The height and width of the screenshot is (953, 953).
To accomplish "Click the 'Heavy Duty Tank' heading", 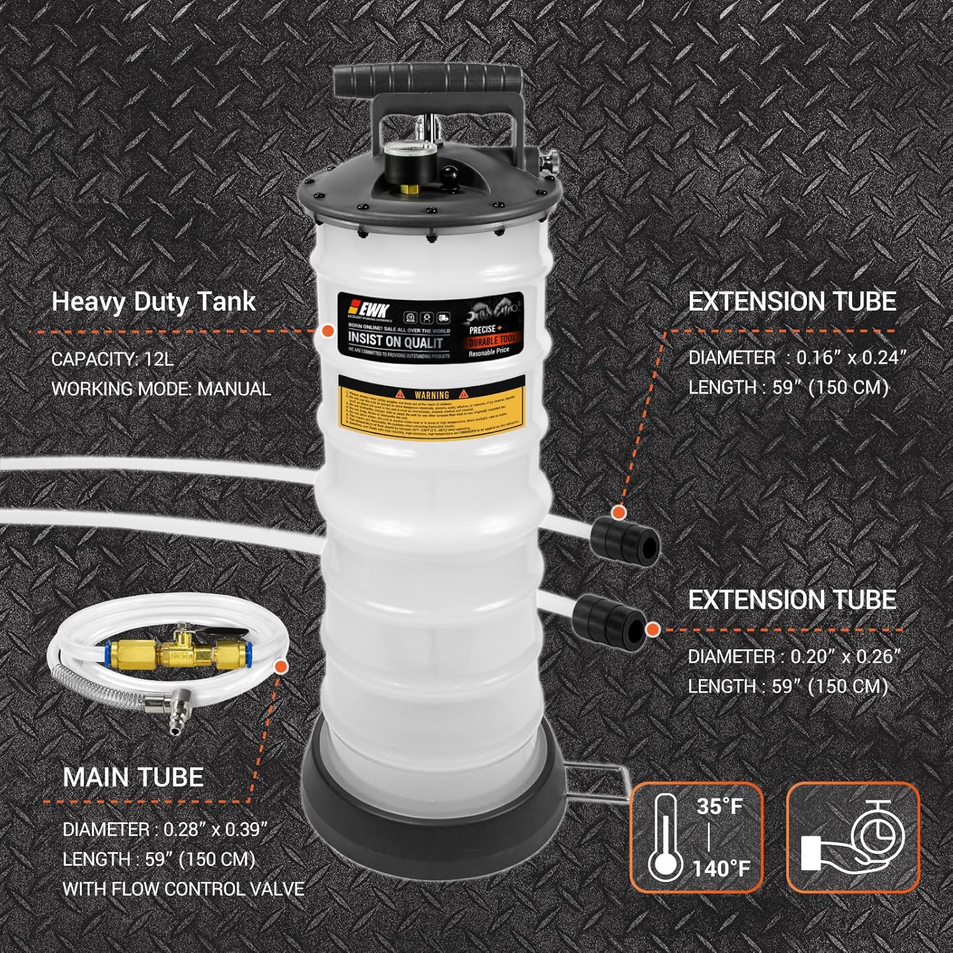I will point(153,302).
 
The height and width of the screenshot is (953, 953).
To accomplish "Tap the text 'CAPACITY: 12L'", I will point(112,359).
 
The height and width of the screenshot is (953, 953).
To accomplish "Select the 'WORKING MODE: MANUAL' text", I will point(161,388).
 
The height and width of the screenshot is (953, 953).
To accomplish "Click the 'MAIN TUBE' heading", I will point(133,777).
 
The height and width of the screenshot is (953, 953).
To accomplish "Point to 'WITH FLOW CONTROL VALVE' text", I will point(183,888).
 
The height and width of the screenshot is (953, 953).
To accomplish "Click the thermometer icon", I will point(665,837).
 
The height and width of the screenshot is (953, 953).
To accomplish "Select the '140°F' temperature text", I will point(722,868).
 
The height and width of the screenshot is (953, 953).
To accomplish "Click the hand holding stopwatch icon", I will point(853,837).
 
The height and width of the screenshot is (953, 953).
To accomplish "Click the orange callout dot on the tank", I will point(328,331).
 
